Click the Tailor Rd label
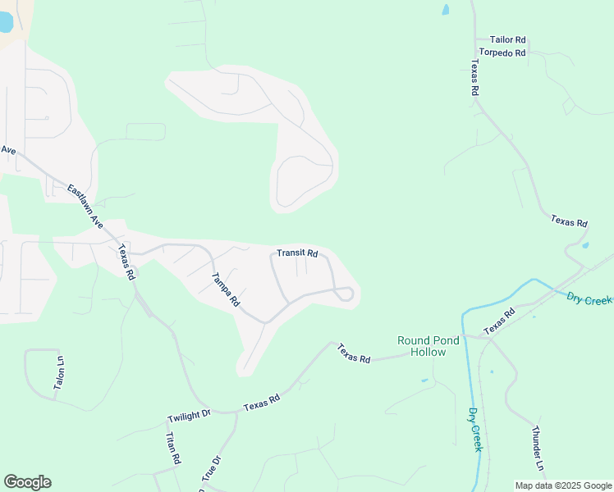[x=507, y=39]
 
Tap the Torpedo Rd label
[x=502, y=52]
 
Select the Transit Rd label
[x=297, y=253]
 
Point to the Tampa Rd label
[x=225, y=289]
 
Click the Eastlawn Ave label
[x=85, y=205]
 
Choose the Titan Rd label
[x=173, y=449]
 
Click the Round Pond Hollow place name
[x=421, y=346]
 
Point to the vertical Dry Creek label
[x=475, y=430]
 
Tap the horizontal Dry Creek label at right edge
[x=589, y=299]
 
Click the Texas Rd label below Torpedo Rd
[x=474, y=79]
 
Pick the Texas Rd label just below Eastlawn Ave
[x=126, y=262]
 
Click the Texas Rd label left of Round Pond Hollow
[x=355, y=353]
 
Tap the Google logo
[x=27, y=482]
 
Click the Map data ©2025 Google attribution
[x=564, y=485]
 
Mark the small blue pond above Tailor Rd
[x=446, y=11]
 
